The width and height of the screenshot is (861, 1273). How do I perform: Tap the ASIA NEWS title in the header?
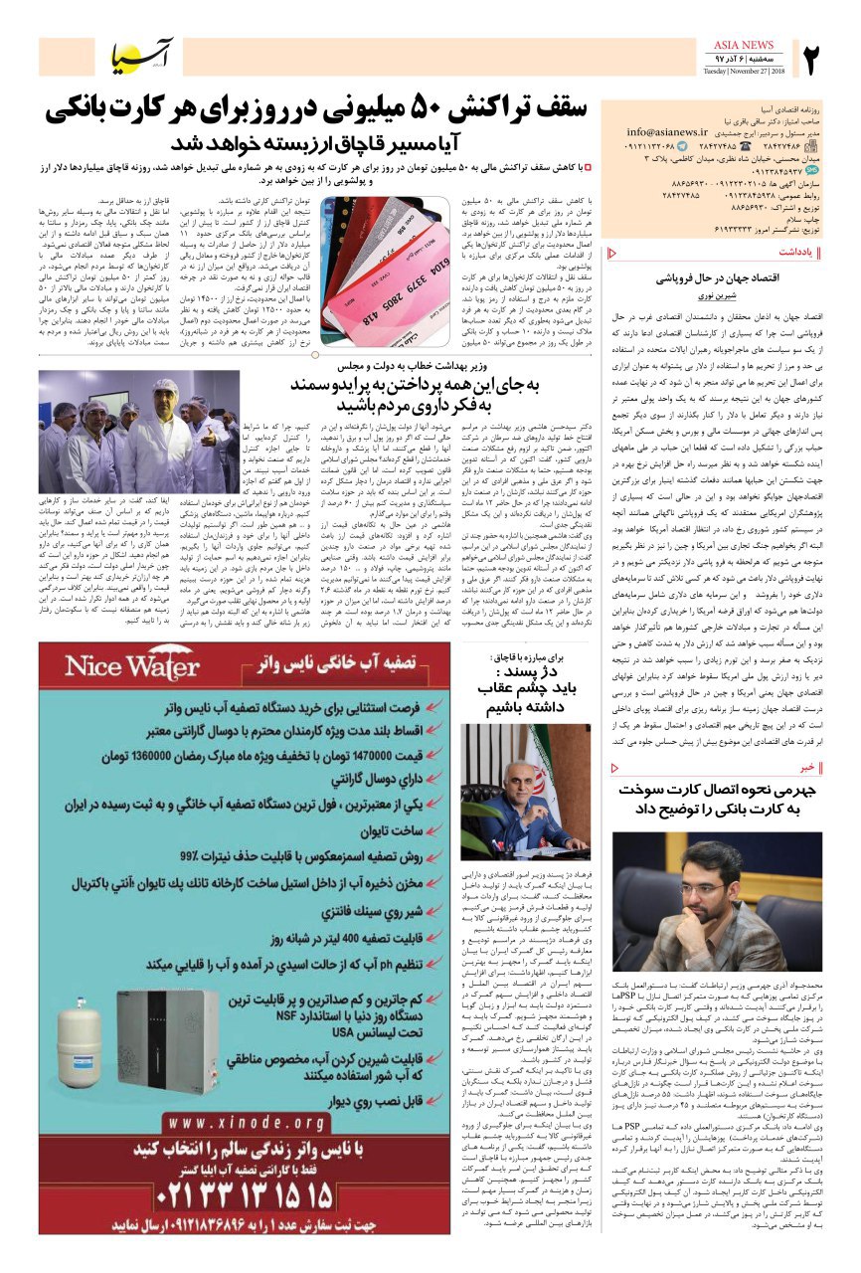pyautogui.click(x=744, y=45)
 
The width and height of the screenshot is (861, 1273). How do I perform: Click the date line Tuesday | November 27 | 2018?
pyautogui.click(x=744, y=73)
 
